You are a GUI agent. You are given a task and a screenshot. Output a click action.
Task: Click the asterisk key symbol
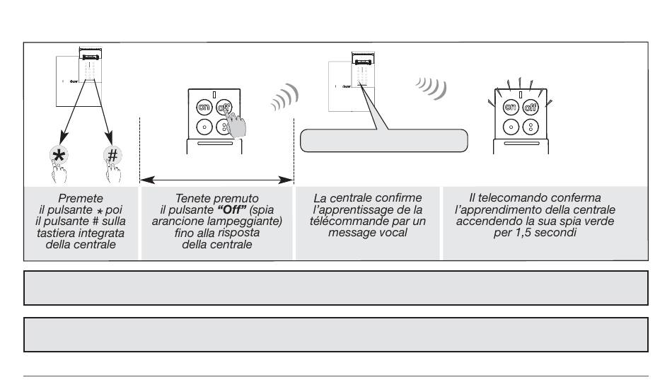(59, 155)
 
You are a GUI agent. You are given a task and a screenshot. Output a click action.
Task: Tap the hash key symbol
(112, 155)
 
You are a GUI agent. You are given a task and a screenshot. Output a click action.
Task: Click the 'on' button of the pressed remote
(204, 108)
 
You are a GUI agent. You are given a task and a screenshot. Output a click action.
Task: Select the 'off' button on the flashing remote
(531, 107)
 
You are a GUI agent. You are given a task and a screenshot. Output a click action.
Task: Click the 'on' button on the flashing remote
(511, 107)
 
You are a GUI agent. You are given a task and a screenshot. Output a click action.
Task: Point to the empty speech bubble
(383, 140)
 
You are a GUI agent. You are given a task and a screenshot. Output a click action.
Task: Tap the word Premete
(81, 198)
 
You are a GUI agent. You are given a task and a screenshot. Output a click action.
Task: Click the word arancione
(176, 221)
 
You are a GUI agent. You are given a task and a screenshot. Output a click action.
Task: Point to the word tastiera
(53, 233)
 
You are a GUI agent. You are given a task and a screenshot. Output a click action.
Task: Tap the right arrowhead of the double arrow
(286, 180)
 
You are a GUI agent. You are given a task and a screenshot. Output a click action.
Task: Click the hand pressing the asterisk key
(59, 171)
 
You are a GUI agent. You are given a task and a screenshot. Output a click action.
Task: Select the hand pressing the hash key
(113, 171)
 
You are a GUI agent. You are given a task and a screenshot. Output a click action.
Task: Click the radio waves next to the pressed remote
(284, 98)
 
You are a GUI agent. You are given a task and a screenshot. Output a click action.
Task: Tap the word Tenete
(191, 198)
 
